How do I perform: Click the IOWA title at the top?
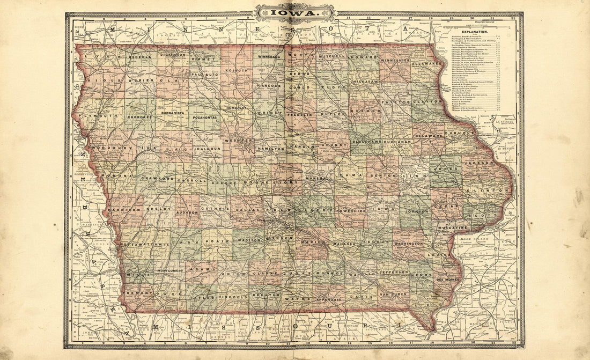[x=295, y=12]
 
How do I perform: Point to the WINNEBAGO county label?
[x=269, y=56]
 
